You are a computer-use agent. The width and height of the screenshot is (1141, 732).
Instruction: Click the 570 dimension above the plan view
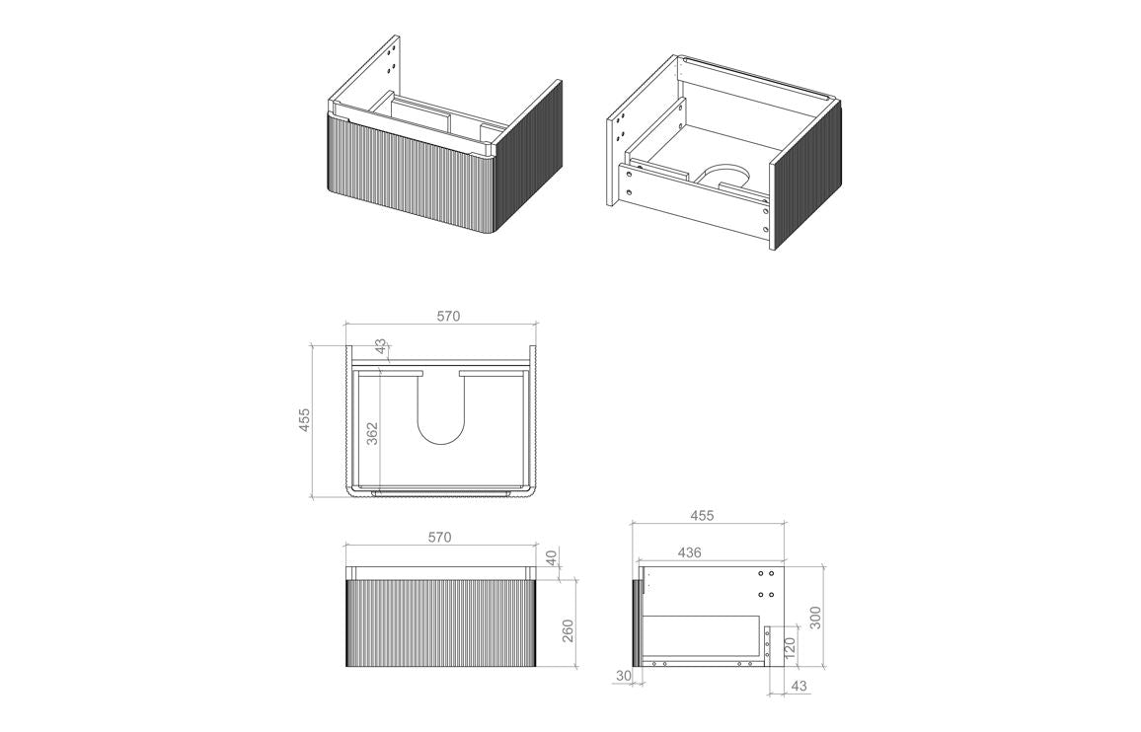[448, 317]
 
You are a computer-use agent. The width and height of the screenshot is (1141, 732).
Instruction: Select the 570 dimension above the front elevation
[439, 538]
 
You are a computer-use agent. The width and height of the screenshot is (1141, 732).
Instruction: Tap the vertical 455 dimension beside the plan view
[305, 419]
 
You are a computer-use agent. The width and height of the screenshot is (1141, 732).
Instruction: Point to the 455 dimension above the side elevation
[702, 515]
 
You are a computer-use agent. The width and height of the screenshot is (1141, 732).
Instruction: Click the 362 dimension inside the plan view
[372, 434]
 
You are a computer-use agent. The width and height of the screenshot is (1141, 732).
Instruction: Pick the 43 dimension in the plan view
[381, 347]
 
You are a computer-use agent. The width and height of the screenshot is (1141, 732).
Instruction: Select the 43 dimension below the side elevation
[797, 686]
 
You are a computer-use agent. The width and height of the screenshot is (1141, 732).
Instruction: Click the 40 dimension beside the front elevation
[552, 557]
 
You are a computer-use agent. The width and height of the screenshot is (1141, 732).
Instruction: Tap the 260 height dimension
[567, 629]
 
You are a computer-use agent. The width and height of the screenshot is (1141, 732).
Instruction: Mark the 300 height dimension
[814, 617]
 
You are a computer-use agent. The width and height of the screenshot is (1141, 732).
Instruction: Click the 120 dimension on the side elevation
[790, 648]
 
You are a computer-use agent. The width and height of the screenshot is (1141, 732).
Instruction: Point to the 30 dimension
[622, 676]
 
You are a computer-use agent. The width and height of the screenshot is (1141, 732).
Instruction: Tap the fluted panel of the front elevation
[440, 622]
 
